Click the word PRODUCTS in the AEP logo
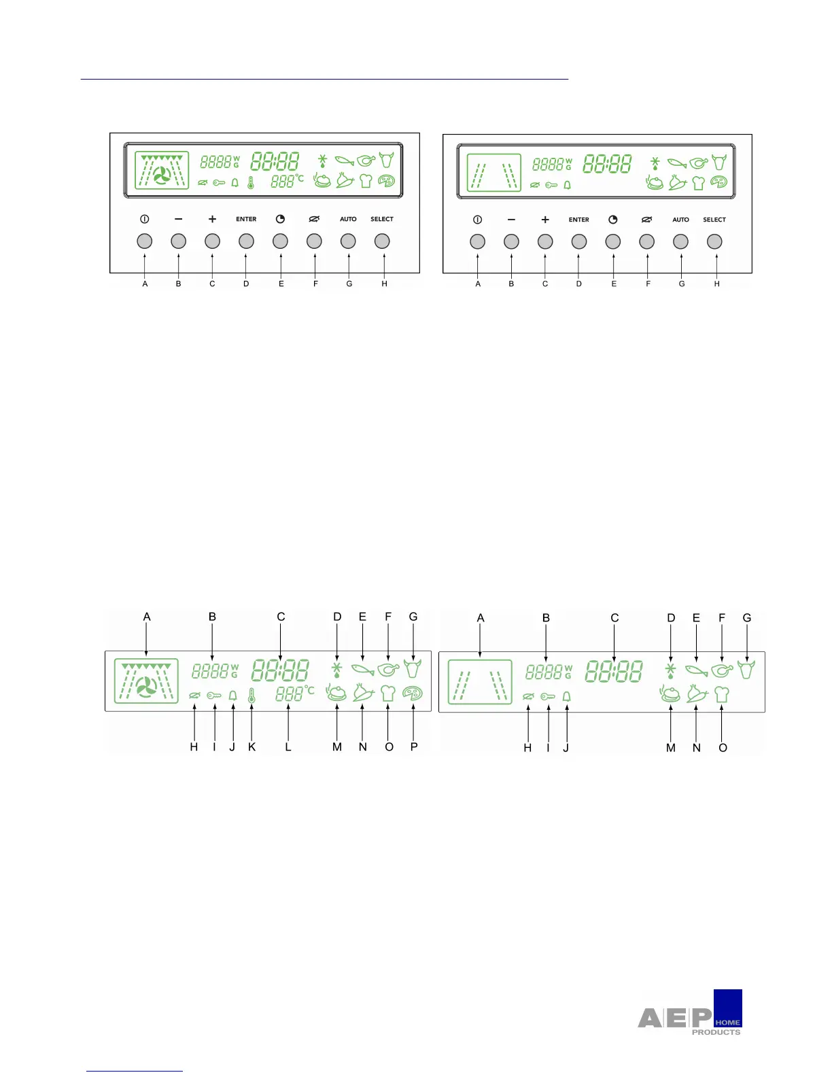(716, 1032)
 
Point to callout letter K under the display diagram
(252, 747)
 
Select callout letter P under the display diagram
(414, 747)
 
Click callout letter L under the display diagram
(288, 747)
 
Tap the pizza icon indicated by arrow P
(413, 694)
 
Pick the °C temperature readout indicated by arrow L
(294, 694)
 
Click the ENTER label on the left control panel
(246, 219)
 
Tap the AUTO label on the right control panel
(680, 220)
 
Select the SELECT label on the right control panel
(714, 220)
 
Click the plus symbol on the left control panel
(212, 219)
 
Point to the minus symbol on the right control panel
(511, 220)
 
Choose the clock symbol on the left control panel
(280, 219)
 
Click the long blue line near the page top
(324, 80)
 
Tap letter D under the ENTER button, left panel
(246, 284)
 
